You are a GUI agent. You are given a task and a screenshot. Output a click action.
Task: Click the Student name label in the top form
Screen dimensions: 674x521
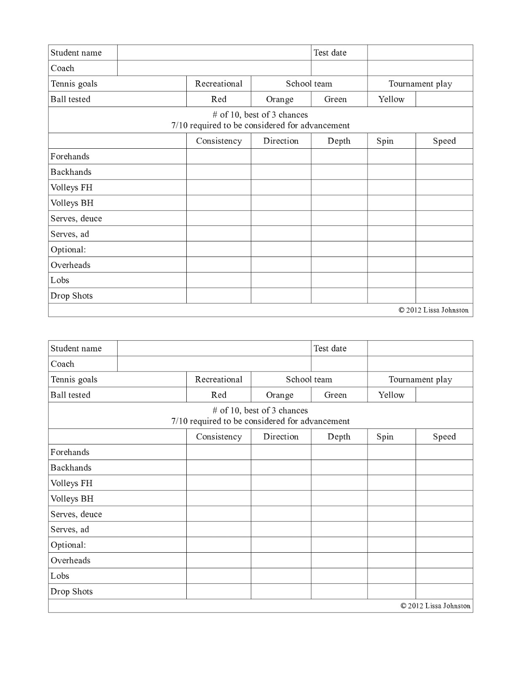click(x=76, y=53)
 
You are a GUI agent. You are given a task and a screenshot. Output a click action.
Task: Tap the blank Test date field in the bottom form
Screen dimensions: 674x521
click(x=420, y=348)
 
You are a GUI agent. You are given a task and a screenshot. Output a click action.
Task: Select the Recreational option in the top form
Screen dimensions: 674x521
click(x=218, y=83)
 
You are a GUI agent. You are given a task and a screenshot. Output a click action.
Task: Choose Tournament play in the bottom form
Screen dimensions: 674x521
click(x=420, y=380)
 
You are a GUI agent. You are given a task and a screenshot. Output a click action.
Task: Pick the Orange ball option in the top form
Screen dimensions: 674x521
click(x=279, y=99)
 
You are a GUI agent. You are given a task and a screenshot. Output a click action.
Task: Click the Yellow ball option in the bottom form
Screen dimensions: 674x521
click(x=391, y=395)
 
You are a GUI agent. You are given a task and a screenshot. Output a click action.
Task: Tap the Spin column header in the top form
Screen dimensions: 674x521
click(x=385, y=141)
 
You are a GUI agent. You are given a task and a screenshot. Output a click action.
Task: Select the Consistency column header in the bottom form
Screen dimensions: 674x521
click(x=218, y=437)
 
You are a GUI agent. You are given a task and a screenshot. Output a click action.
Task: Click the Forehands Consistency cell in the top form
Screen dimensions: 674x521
click(x=218, y=156)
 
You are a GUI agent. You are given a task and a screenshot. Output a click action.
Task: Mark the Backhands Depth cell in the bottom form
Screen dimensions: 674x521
click(x=339, y=468)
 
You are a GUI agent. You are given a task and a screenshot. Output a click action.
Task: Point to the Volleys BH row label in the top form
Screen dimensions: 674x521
click(x=72, y=203)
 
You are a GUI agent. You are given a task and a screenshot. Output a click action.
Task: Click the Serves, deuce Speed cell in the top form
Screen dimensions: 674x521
click(x=444, y=218)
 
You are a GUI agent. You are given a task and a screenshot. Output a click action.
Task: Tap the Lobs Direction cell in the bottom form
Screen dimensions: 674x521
click(x=281, y=576)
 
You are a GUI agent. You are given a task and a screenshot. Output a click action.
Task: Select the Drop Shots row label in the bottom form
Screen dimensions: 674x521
click(x=72, y=591)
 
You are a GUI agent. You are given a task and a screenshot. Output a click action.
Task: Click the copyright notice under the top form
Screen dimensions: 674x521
click(x=433, y=310)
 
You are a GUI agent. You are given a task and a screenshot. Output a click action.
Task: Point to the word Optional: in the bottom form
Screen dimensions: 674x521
click(x=68, y=545)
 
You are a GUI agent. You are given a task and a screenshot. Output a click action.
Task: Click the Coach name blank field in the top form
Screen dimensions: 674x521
click(x=214, y=68)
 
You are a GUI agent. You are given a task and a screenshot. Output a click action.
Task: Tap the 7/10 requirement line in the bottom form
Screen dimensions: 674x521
click(x=260, y=421)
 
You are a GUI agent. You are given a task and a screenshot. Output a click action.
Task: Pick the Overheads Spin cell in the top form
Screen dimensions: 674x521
click(x=391, y=265)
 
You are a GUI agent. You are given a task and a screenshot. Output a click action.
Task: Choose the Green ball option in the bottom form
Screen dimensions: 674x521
click(x=335, y=395)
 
